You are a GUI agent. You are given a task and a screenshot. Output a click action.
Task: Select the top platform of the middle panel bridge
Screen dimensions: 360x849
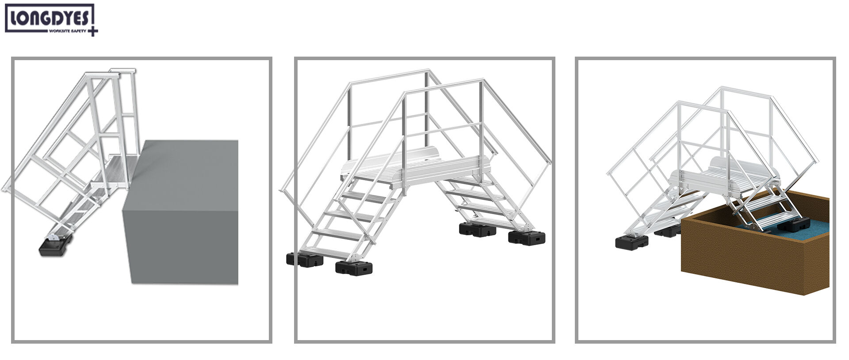[416, 170]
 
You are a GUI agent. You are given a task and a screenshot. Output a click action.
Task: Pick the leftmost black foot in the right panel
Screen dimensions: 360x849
[631, 242]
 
